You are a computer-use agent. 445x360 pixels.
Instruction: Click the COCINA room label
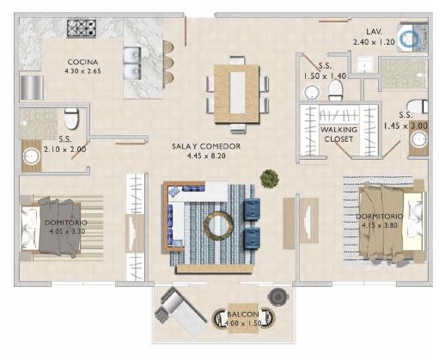tap(83, 63)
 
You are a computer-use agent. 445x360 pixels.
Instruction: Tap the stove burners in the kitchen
tap(82, 28)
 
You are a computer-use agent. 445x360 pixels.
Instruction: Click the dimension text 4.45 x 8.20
tap(205, 157)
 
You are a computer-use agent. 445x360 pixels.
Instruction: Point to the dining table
tap(236, 88)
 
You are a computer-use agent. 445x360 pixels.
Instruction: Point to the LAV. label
tap(375, 31)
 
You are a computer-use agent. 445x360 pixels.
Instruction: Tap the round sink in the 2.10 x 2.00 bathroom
tap(33, 156)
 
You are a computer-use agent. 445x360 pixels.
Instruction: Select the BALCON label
tap(241, 316)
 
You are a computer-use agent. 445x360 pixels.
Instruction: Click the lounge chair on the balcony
tap(180, 308)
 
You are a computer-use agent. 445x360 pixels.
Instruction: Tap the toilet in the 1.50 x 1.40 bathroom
tap(310, 92)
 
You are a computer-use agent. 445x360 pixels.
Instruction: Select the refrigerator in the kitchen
tap(32, 87)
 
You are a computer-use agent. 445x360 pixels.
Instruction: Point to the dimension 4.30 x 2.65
tap(83, 72)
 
